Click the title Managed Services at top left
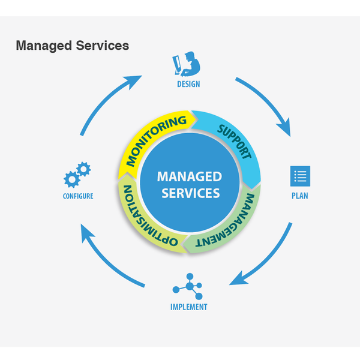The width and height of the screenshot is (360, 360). click(x=72, y=46)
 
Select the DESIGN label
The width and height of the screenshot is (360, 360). click(x=188, y=84)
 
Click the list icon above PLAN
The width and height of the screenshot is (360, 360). click(x=300, y=176)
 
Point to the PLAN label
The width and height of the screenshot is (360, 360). click(x=300, y=196)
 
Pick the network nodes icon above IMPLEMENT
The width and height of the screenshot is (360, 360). click(x=189, y=286)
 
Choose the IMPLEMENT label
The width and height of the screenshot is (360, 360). click(x=188, y=307)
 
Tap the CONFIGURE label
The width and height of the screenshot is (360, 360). click(x=78, y=196)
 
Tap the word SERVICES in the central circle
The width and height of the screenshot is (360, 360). click(x=190, y=193)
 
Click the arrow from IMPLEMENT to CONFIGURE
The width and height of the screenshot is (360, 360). click(x=108, y=258)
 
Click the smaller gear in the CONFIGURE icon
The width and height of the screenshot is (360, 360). click(x=85, y=169)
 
